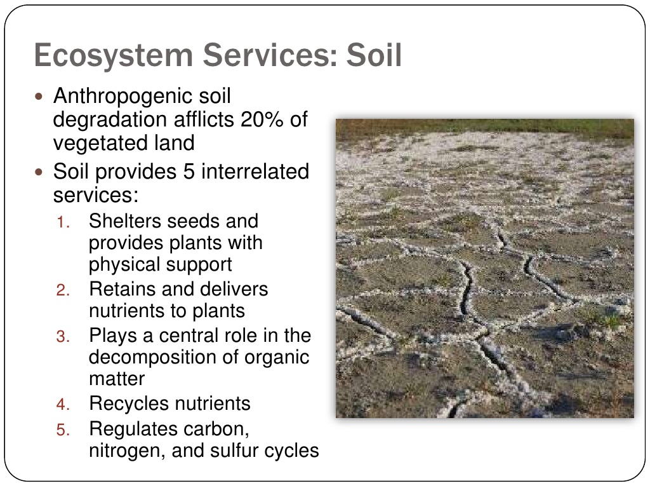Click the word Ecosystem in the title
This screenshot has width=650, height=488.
pos(114,56)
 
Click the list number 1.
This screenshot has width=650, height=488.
pos(63,222)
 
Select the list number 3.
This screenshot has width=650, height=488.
pos(63,337)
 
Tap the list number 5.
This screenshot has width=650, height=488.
pos(63,430)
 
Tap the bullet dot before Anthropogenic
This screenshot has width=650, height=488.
pos(39,97)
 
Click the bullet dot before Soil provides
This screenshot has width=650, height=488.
pos(39,172)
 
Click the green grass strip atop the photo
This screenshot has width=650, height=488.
pos(484,126)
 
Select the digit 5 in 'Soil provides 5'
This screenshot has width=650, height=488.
pos(189,171)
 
